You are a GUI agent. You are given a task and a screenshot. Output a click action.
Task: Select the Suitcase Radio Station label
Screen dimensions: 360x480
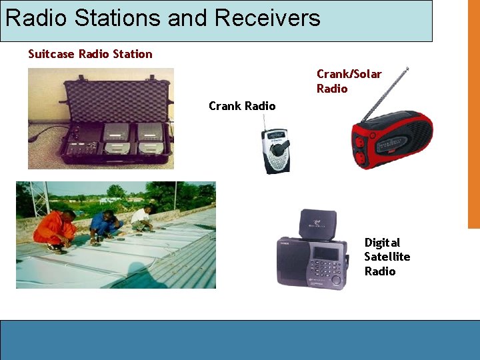[x=90, y=54]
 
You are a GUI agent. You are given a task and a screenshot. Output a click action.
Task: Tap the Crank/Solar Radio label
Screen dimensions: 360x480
[x=349, y=81]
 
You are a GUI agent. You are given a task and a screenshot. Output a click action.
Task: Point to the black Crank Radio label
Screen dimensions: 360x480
[x=241, y=106]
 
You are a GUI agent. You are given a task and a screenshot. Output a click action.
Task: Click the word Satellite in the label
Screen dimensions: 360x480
[x=387, y=257]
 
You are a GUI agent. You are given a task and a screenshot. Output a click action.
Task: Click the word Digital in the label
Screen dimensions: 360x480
[x=382, y=243]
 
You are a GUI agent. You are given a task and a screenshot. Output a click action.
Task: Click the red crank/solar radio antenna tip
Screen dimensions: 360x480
[x=407, y=68]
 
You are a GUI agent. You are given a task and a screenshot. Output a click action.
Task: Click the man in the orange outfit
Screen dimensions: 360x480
[x=55, y=227]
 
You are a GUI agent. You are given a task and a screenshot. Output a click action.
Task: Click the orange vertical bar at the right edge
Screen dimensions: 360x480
[x=473, y=113]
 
